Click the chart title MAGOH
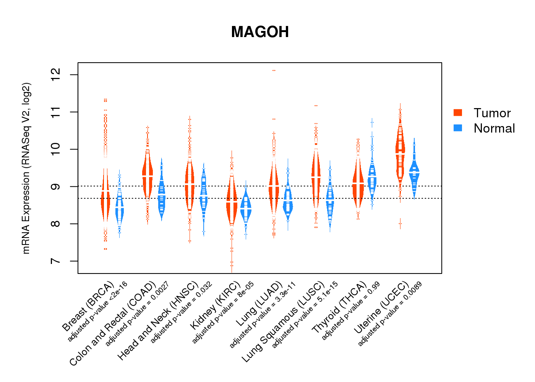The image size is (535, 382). [260, 32]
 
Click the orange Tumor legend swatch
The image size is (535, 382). [458, 112]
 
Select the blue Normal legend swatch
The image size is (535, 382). [458, 128]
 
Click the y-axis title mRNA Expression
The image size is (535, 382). [26, 168]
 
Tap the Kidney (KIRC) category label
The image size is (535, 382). [216, 306]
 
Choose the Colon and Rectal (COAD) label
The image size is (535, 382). [113, 323]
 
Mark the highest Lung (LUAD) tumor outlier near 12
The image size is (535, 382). [274, 71]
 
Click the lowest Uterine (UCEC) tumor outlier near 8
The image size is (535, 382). [400, 223]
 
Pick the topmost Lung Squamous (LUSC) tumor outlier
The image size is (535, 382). [316, 105]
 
